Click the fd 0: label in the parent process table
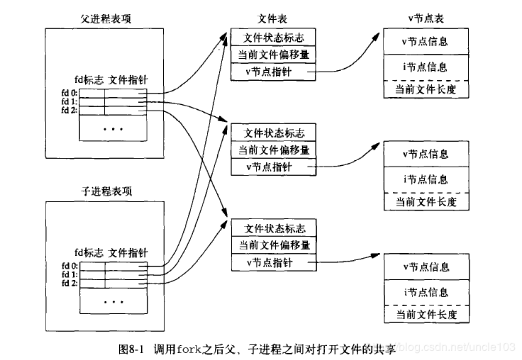pyautogui.click(x=69, y=92)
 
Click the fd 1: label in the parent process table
pyautogui.click(x=69, y=101)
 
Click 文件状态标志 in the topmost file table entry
pyautogui.click(x=274, y=38)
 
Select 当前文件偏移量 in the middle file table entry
pyautogui.click(x=274, y=150)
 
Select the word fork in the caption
pyautogui.click(x=191, y=349)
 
